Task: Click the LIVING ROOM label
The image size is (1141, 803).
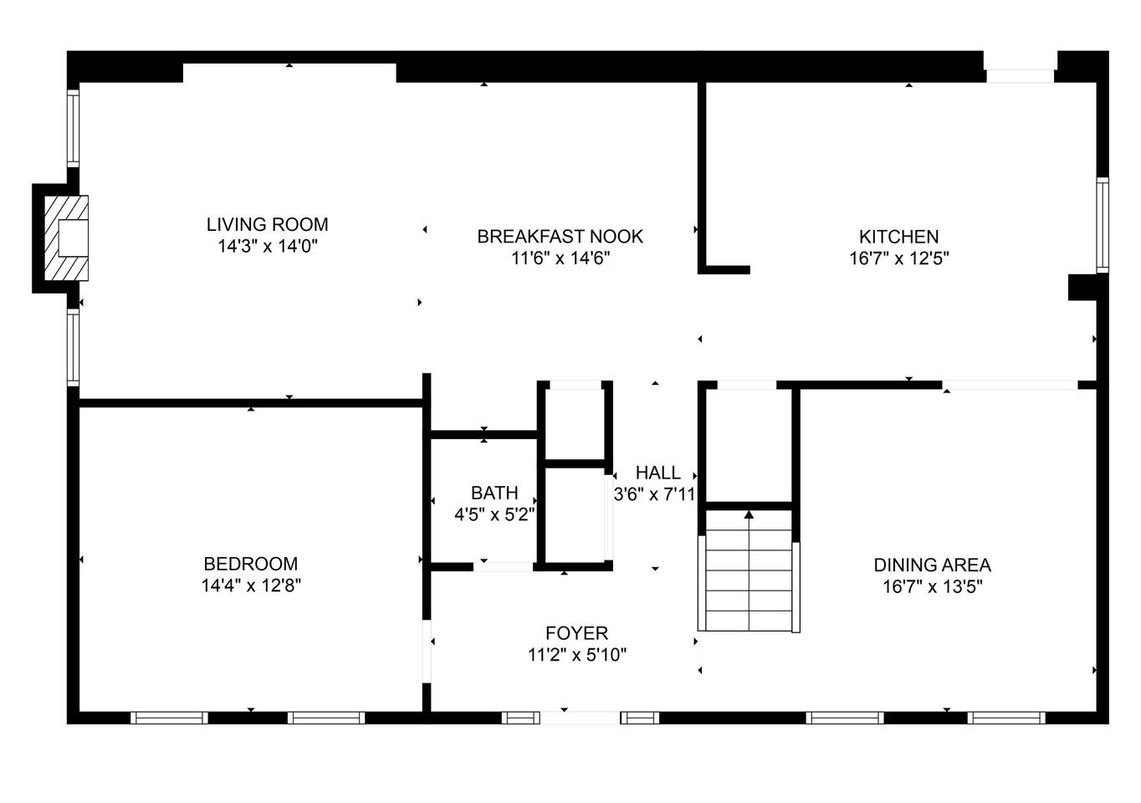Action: [x=267, y=224]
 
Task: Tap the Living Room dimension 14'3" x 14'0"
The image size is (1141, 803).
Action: [x=268, y=247]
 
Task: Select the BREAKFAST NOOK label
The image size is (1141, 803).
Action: [x=560, y=237]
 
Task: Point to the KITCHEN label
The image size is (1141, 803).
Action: [x=898, y=237]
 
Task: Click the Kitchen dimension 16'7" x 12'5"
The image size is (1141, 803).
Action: [x=899, y=258]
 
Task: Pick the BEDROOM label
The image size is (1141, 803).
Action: [x=251, y=564]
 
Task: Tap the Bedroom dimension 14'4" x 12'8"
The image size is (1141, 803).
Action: [x=251, y=586]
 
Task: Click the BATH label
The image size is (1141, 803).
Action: [x=494, y=493]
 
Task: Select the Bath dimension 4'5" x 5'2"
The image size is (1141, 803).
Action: [x=494, y=514]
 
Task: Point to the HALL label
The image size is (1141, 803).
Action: [x=657, y=473]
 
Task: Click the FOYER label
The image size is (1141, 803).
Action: [x=576, y=633]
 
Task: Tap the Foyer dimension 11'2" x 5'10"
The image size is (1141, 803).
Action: [x=576, y=655]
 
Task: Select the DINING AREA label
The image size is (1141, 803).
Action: [x=932, y=565]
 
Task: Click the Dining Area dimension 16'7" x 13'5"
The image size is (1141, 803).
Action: [x=932, y=587]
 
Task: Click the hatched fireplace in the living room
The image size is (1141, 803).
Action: [x=66, y=238]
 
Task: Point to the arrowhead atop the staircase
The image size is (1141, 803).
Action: [x=749, y=514]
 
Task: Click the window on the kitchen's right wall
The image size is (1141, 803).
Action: [x=1103, y=224]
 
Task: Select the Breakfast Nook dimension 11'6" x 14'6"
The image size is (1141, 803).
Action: [x=560, y=258]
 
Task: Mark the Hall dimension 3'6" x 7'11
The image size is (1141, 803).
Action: [x=654, y=494]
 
